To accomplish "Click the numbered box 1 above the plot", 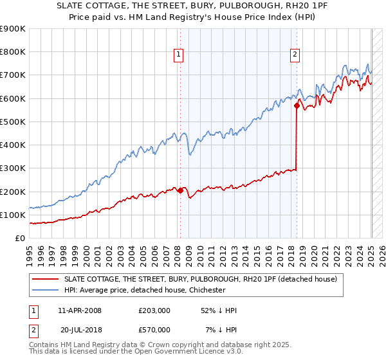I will (178, 55).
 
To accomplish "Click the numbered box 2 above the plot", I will (295, 55).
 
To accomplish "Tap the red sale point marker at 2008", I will (180, 190).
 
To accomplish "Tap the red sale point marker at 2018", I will (297, 105).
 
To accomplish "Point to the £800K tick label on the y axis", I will (13, 52).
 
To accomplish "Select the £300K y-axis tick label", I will (13, 168).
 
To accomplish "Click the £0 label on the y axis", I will (19, 239).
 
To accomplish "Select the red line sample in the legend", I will (45, 279).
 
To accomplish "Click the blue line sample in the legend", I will (45, 290).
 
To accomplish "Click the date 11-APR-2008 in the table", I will (80, 310).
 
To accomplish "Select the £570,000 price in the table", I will (154, 330).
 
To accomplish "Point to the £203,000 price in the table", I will (154, 310).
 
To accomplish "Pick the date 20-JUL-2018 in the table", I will (82, 330).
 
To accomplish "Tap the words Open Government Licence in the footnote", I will (177, 353).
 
